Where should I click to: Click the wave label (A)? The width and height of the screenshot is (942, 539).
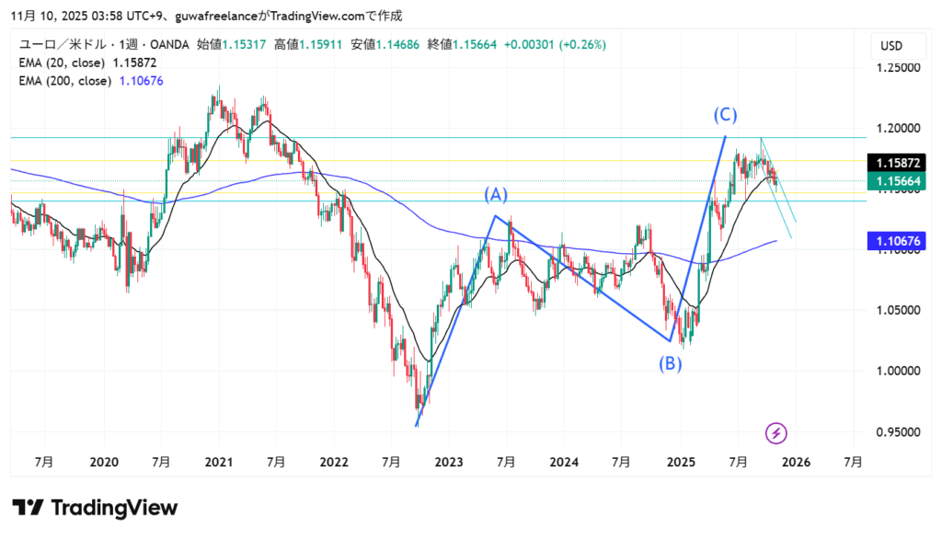pyautogui.click(x=497, y=195)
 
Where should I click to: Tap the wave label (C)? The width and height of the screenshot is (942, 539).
pyautogui.click(x=725, y=115)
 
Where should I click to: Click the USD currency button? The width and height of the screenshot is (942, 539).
pyautogui.click(x=891, y=46)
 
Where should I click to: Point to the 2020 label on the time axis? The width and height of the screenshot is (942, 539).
pyautogui.click(x=104, y=462)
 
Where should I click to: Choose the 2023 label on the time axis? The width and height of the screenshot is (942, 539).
pyautogui.click(x=448, y=462)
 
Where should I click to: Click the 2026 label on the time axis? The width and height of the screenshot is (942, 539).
pyautogui.click(x=795, y=462)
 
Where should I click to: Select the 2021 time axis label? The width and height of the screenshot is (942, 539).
pyautogui.click(x=218, y=462)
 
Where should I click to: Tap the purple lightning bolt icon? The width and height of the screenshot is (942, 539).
pyautogui.click(x=776, y=432)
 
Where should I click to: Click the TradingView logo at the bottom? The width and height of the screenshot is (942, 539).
pyautogui.click(x=95, y=508)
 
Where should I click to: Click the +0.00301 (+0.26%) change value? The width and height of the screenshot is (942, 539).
pyautogui.click(x=565, y=45)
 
